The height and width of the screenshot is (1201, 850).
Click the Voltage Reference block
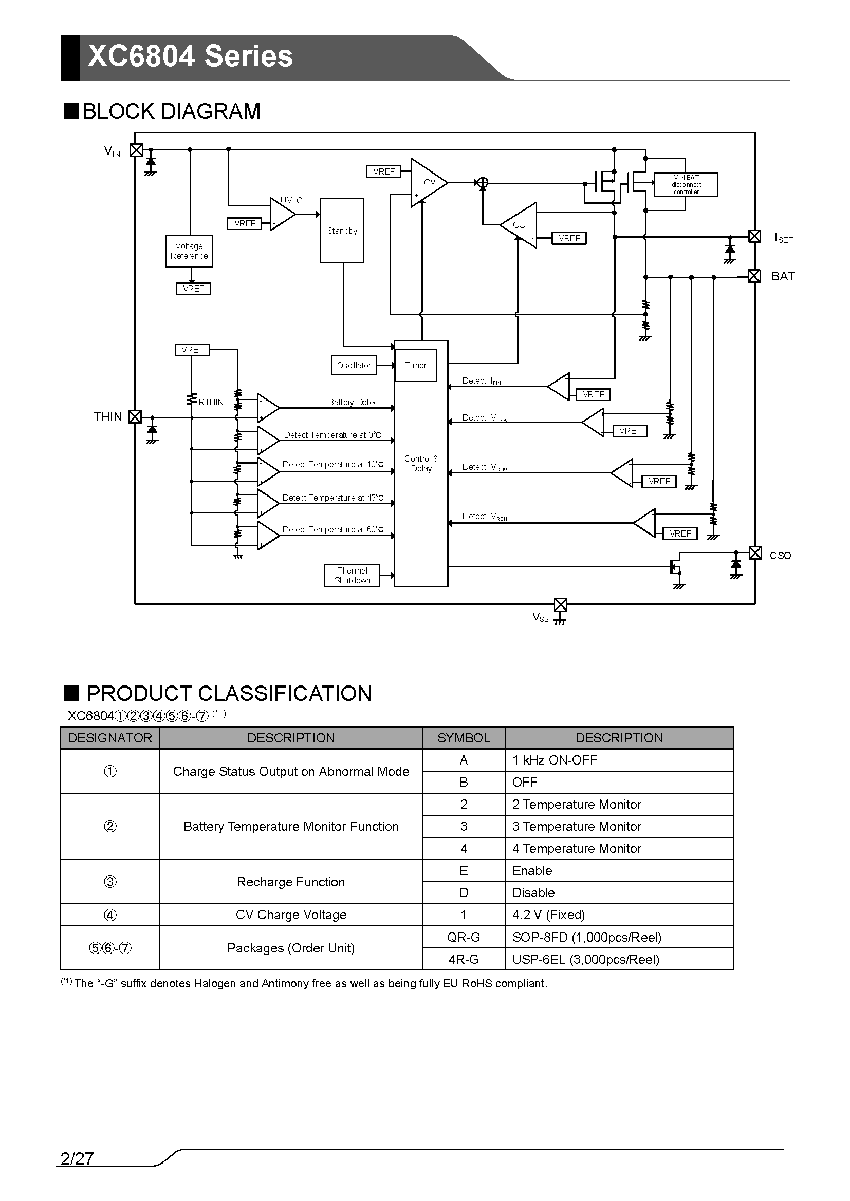(189, 251)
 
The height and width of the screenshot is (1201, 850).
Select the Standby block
(342, 231)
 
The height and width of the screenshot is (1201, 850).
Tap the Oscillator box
(354, 365)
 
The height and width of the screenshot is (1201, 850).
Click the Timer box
(416, 365)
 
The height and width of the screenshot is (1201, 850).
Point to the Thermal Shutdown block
(352, 576)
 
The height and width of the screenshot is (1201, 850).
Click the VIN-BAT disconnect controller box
(686, 185)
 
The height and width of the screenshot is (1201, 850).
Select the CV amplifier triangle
(429, 183)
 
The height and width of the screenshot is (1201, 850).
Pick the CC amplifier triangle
(518, 225)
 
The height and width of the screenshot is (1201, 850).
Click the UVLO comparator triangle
(283, 214)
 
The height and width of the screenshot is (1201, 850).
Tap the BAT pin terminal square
(754, 276)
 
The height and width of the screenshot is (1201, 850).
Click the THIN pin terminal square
(135, 417)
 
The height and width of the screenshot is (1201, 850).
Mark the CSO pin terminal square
(755, 553)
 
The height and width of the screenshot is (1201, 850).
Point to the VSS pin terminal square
(560, 605)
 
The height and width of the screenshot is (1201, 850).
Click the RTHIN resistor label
(211, 402)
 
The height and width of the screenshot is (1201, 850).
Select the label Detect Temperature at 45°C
(334, 498)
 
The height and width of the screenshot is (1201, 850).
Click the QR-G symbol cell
(464, 937)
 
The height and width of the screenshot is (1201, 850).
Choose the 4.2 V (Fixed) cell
(619, 914)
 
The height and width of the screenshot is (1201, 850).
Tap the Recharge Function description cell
(291, 882)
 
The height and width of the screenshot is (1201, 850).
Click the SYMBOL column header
(464, 737)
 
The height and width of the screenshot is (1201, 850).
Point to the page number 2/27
(77, 1158)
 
